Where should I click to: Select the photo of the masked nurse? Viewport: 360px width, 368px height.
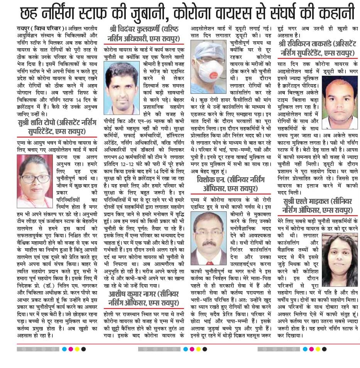[208, 59]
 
